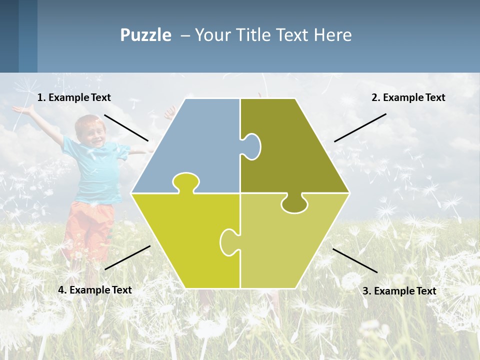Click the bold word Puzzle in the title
[x=145, y=35]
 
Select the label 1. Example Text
[x=74, y=97]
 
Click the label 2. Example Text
[x=408, y=97]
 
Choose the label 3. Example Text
[x=399, y=291]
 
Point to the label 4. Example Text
[x=95, y=290]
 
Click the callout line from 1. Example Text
[x=126, y=127]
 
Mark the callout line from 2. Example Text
[x=360, y=127]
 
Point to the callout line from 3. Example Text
[x=355, y=260]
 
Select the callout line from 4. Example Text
[x=127, y=257]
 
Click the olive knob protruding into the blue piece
[x=252, y=146]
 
